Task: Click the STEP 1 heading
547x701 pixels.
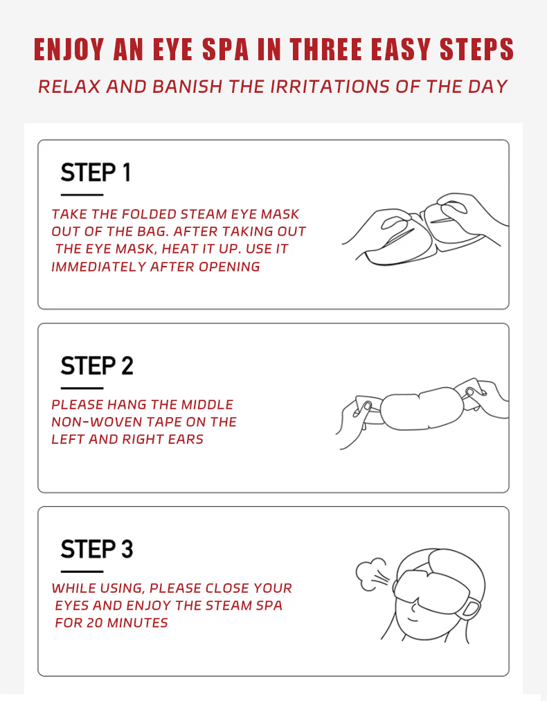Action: [96, 172]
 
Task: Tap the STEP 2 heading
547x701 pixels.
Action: [97, 366]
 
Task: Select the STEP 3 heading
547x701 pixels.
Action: [97, 549]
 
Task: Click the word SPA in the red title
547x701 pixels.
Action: [225, 49]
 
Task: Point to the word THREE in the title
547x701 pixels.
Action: [325, 49]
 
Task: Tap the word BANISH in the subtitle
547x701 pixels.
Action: [187, 87]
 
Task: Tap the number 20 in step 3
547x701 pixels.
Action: [95, 623]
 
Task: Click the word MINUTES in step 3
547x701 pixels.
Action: [138, 623]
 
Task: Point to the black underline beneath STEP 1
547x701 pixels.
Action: [82, 195]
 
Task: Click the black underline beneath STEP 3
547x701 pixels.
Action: [82, 571]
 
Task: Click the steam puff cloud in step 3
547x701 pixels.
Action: [370, 573]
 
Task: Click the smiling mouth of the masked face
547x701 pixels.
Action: [413, 620]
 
